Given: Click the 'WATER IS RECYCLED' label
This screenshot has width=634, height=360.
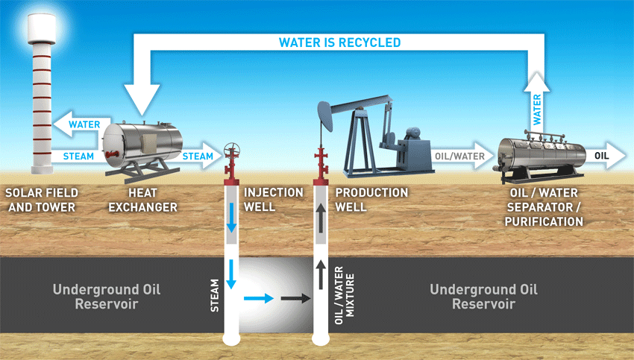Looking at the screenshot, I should tap(339, 42).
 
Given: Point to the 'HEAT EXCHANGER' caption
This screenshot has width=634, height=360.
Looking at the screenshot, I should tap(142, 199).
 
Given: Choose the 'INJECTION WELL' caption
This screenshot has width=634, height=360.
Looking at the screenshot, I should tap(274, 199).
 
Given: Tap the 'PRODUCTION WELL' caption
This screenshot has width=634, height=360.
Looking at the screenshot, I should tap(371, 199).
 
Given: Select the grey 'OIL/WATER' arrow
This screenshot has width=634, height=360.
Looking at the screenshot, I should tap(459, 157).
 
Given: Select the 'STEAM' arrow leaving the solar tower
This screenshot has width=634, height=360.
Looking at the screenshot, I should tap(75, 157).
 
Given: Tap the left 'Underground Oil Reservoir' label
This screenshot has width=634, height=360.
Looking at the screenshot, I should tap(107, 297).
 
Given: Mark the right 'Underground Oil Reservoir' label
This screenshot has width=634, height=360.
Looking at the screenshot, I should tap(483, 297).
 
